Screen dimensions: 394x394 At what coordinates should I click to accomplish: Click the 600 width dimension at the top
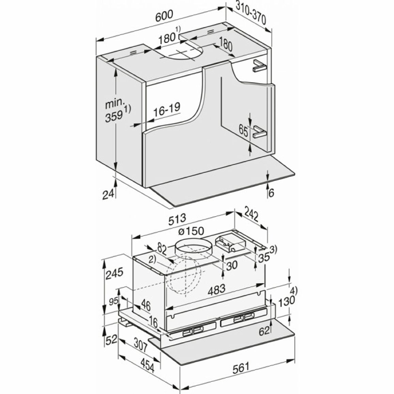tap(164, 16)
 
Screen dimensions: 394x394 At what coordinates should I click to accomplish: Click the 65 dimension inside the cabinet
tap(243, 131)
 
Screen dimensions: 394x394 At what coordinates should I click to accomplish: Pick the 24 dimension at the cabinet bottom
tap(108, 194)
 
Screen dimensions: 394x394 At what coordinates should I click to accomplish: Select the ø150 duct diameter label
tap(191, 231)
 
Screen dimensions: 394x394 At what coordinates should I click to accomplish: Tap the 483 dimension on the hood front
tap(216, 289)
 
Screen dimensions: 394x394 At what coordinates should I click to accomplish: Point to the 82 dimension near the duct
tap(162, 249)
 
